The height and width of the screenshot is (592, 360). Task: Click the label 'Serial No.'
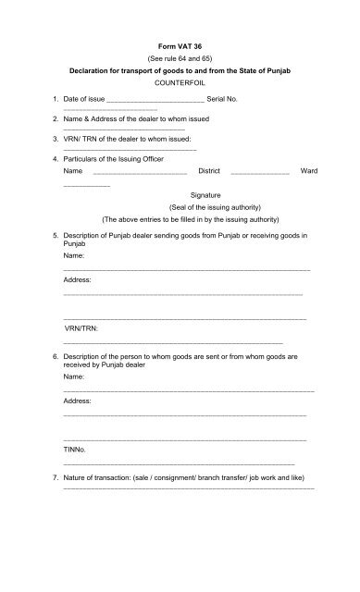pyautogui.click(x=262, y=98)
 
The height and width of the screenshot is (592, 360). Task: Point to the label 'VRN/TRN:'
pyautogui.click(x=82, y=328)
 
